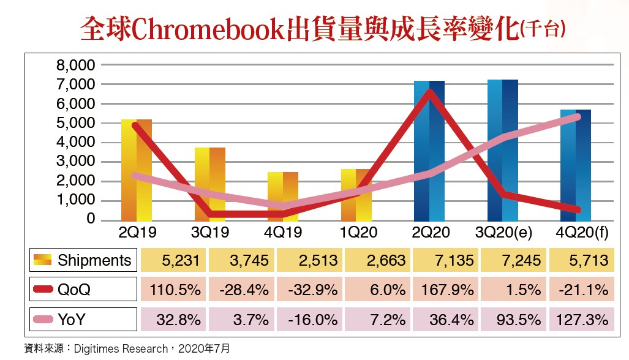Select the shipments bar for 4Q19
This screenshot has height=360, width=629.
(282, 196)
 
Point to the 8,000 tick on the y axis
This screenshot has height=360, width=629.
(75, 65)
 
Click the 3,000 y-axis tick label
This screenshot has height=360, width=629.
(75, 162)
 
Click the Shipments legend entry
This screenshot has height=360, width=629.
(83, 260)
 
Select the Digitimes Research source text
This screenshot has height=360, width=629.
(120, 348)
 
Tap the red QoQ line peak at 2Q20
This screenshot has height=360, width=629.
(430, 93)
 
